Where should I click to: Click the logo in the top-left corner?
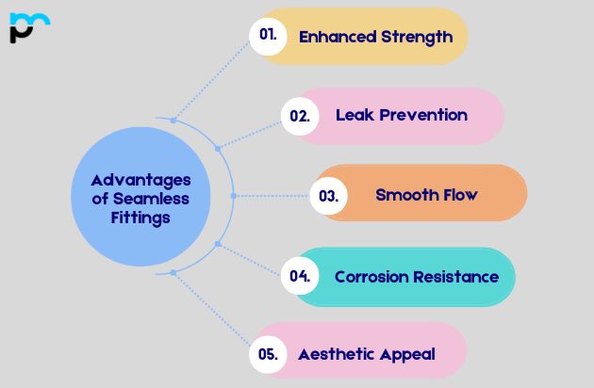point(29,27)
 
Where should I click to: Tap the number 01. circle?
point(268,36)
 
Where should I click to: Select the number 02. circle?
point(300,116)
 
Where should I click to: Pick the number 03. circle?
point(328,196)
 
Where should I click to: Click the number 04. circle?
point(300,276)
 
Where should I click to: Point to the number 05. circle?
point(268,355)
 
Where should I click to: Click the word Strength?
point(416,37)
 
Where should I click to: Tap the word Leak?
point(354,115)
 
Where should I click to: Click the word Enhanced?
point(337,37)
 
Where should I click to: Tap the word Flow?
point(461,195)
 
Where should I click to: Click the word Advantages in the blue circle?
point(140,180)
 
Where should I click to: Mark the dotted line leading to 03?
point(272,196)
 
